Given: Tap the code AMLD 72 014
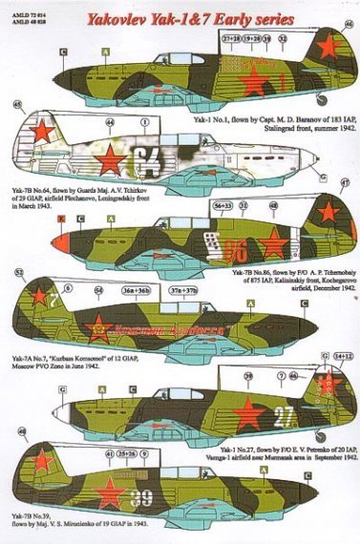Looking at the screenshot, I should click(x=23, y=6).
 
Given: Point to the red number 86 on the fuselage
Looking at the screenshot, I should click(x=238, y=250).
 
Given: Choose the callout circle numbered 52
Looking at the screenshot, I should click(x=20, y=272).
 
